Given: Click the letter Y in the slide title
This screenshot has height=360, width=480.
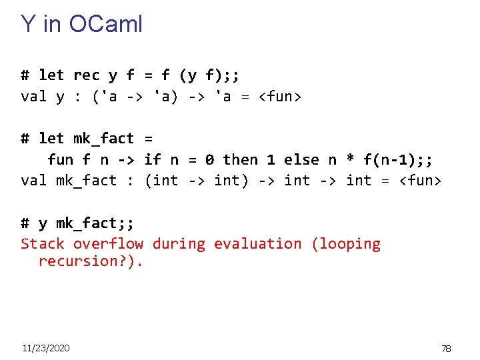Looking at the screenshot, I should (x=28, y=25).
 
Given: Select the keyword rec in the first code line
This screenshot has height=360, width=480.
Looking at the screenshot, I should (x=86, y=75).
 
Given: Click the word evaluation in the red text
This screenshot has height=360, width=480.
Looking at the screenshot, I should (x=257, y=244).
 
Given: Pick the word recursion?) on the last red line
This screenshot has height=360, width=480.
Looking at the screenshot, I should (x=90, y=261).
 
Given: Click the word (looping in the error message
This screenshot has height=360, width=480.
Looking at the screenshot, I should (x=345, y=244).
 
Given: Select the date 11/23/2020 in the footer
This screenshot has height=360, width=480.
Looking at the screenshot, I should (x=45, y=348).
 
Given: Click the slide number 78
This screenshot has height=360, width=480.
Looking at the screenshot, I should (x=446, y=349).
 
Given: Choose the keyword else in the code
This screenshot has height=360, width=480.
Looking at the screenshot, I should (x=301, y=160).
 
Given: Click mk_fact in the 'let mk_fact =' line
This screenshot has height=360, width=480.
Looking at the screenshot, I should (x=103, y=139).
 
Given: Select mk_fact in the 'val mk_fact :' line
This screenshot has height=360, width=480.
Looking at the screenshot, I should (x=86, y=181).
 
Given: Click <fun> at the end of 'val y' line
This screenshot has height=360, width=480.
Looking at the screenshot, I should (x=280, y=97).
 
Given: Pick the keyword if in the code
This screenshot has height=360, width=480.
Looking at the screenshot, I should (x=153, y=160).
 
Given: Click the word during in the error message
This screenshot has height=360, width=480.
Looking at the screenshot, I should (x=179, y=244).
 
